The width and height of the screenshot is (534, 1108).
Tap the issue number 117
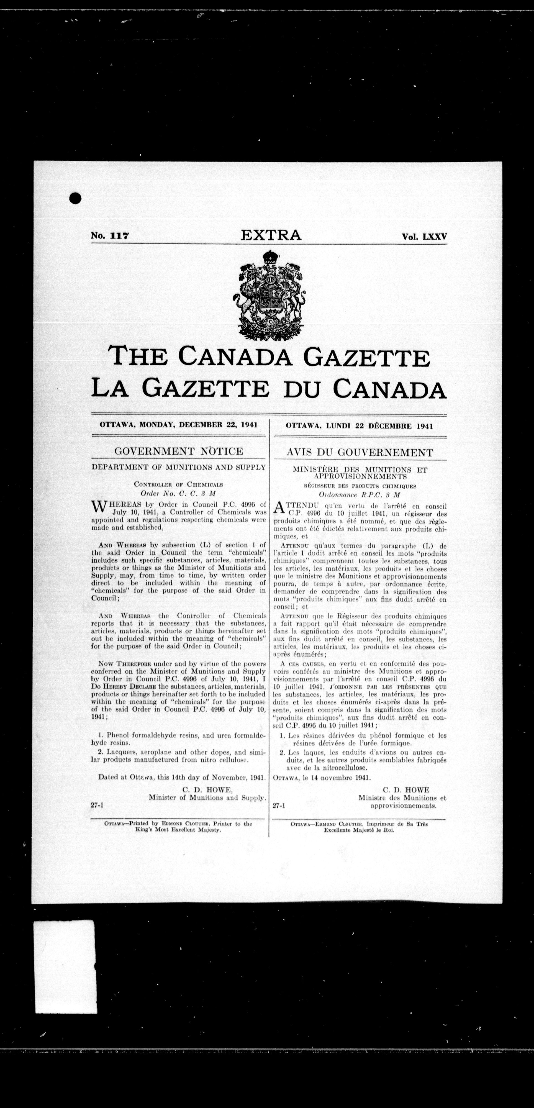pos(120,236)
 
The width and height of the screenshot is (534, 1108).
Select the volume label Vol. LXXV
pos(424,236)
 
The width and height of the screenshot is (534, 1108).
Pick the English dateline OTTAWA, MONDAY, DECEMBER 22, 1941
pos(178,425)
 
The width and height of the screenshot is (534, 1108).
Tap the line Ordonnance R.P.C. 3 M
pos(360,495)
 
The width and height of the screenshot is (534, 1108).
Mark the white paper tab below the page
pos(65,971)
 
